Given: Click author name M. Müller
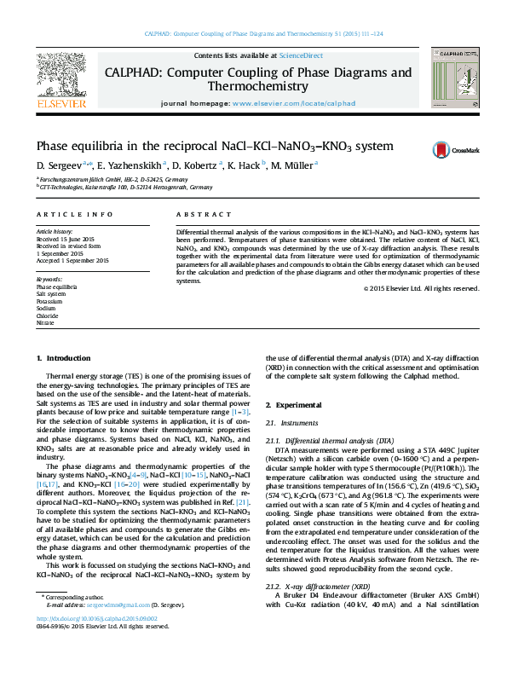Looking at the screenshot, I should pyautogui.click(x=291, y=165).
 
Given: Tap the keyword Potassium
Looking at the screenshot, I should pyautogui.click(x=49, y=301).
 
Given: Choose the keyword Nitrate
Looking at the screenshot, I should pyautogui.click(x=45, y=323).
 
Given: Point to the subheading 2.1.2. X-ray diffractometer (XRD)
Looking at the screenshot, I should pyautogui.click(x=318, y=587).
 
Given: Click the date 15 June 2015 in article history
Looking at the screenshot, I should pyautogui.click(x=73, y=239).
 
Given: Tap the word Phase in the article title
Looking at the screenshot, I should pyautogui.click(x=55, y=146).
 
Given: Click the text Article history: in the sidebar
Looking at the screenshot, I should pyautogui.click(x=55, y=231).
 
